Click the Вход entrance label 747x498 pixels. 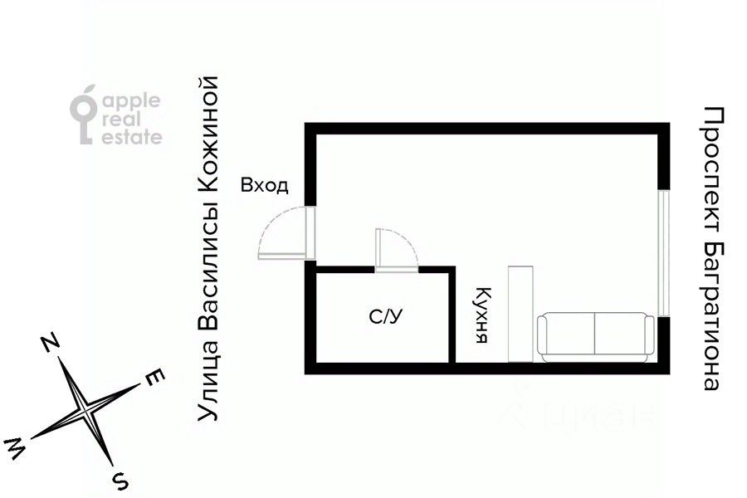(264, 185)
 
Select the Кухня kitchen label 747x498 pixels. (481, 315)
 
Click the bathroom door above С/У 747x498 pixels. (397, 249)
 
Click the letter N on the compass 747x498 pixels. (51, 342)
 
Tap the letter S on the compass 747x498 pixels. (120, 479)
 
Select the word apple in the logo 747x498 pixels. (131, 100)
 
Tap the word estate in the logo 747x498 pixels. (131, 138)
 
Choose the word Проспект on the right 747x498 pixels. (711, 169)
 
